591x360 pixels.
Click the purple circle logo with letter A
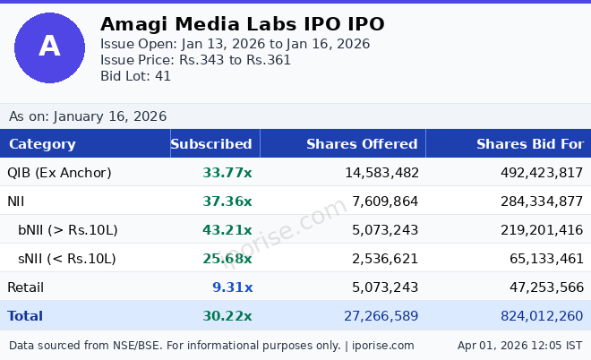[49, 47]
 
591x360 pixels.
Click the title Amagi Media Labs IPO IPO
[242, 24]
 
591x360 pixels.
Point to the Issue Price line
[195, 60]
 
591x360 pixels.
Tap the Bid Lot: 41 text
[135, 76]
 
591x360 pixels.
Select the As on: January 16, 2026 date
[88, 116]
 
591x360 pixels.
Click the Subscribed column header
[211, 144]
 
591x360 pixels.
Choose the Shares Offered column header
[362, 144]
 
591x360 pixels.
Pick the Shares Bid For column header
[529, 144]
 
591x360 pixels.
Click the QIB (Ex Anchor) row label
[59, 173]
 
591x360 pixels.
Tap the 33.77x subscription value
[227, 173]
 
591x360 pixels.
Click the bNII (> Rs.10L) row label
[68, 230]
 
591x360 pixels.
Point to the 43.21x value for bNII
[227, 230]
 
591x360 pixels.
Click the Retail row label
[25, 287]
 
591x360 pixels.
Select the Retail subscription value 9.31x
[233, 287]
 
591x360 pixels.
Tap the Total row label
[25, 316]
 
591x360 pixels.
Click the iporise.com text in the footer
[382, 346]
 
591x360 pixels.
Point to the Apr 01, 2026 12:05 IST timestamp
[519, 346]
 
